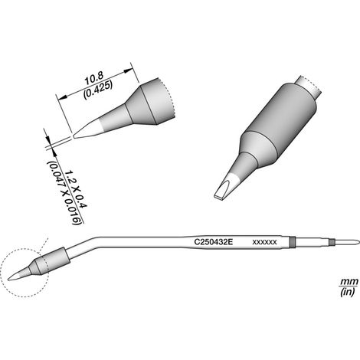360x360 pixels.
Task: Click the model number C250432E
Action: coord(214,242)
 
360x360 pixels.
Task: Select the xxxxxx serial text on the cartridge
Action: coord(264,242)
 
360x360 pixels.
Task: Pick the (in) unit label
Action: coord(348,293)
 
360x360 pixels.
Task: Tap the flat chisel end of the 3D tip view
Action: coord(219,197)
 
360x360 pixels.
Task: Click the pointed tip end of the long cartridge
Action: coord(9,279)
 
